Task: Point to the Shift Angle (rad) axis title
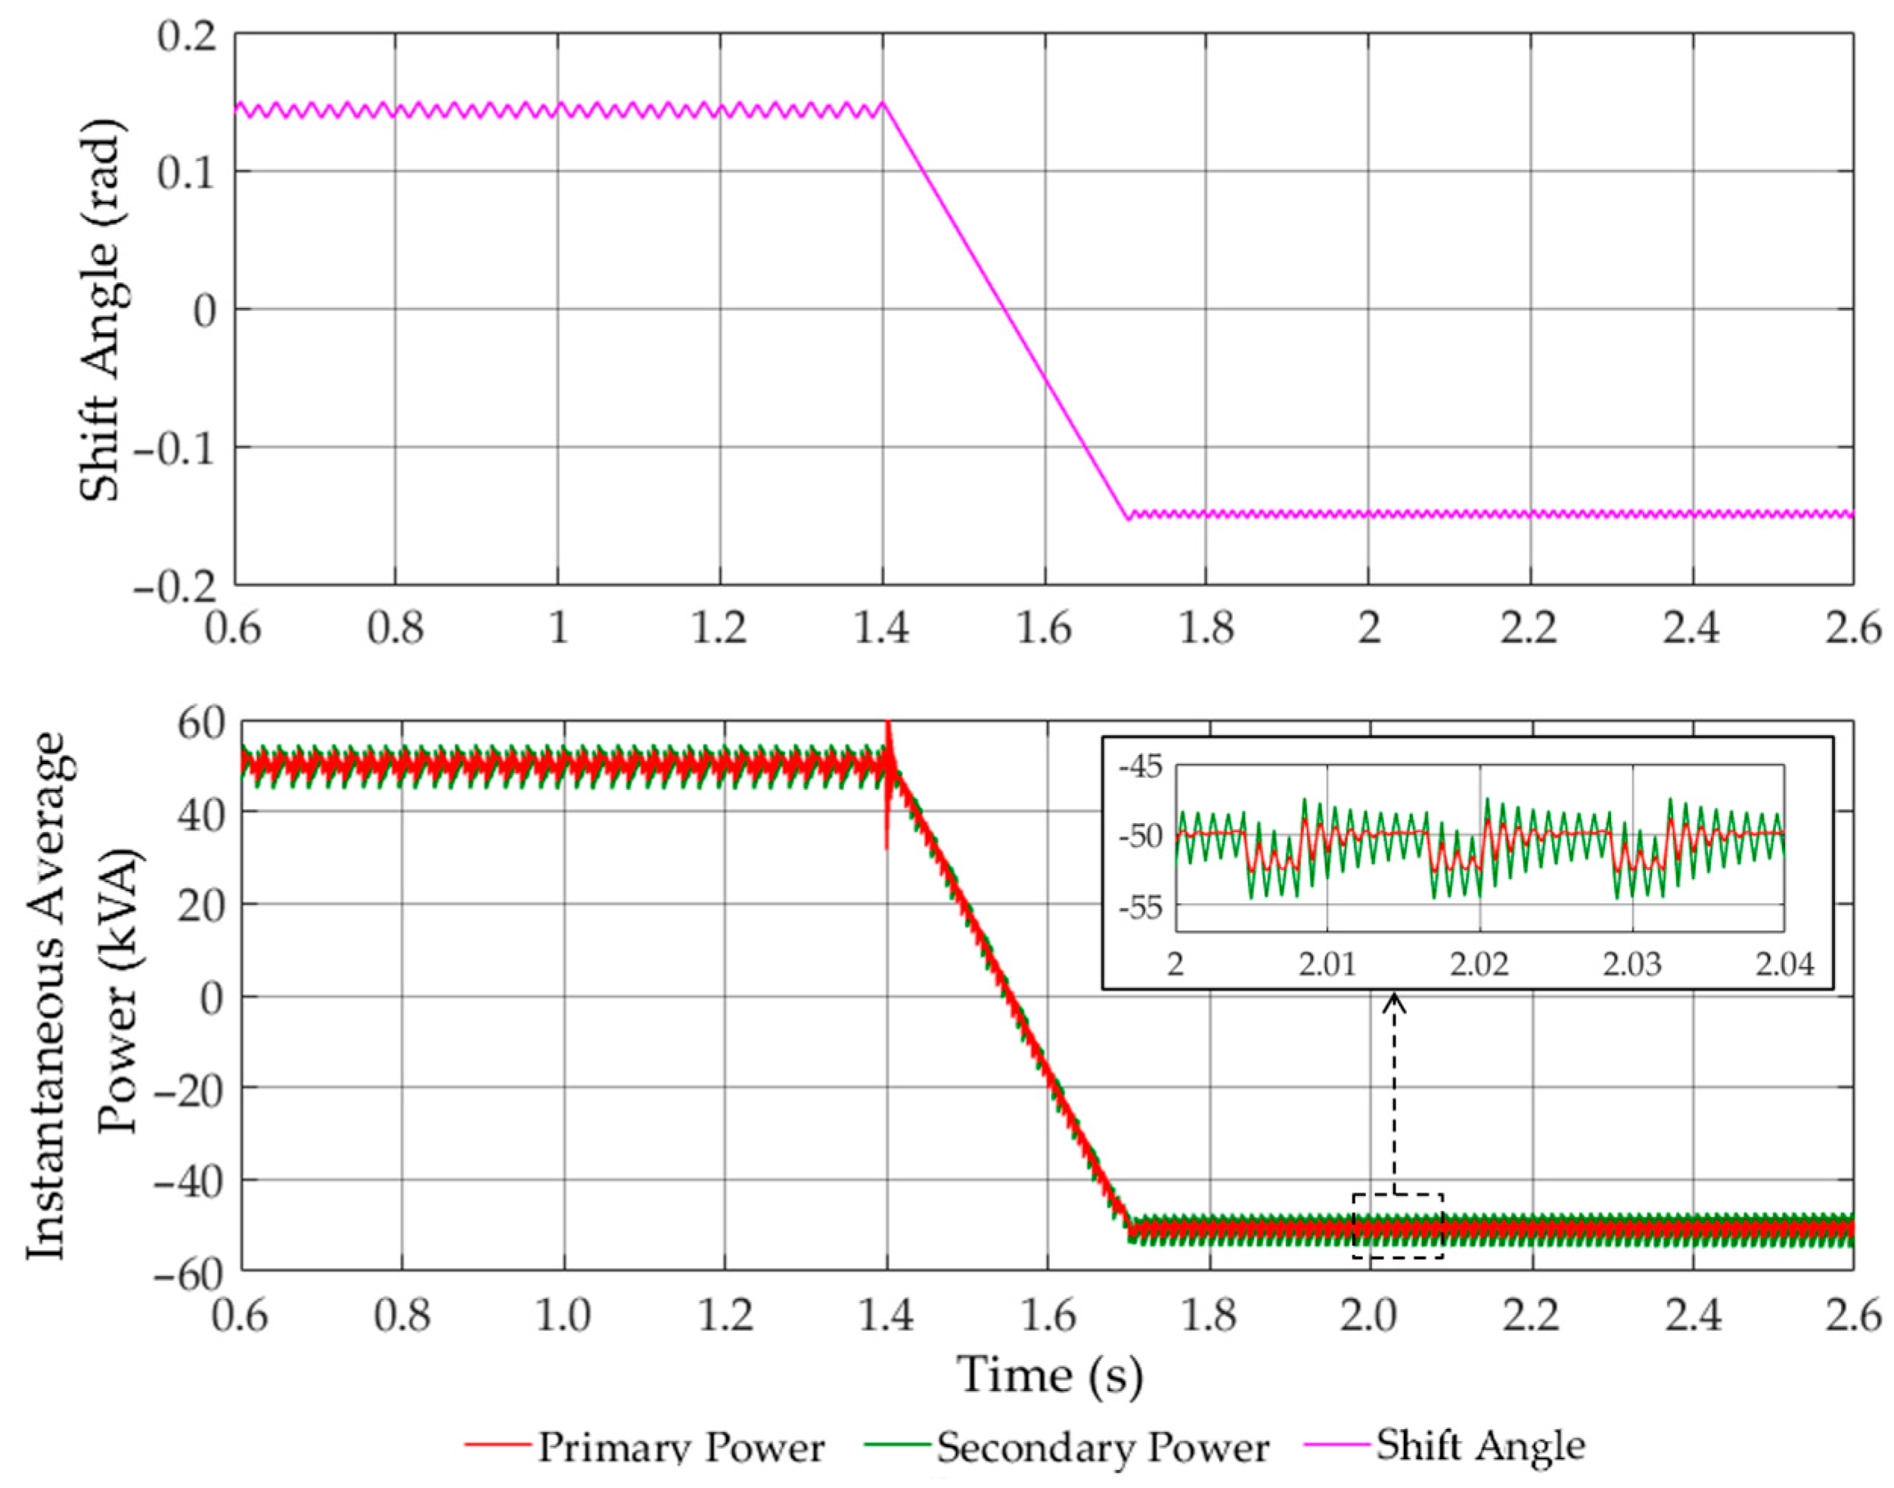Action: pos(100,309)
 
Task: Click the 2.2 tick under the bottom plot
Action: pos(1531,1316)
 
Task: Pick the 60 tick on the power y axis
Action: pos(202,722)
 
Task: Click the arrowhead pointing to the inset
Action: pos(1396,1001)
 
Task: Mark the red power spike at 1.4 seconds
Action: pos(888,732)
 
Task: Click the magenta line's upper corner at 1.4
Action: pos(883,103)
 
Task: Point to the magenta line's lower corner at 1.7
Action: pos(1127,518)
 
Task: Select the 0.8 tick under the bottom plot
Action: pos(402,1316)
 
